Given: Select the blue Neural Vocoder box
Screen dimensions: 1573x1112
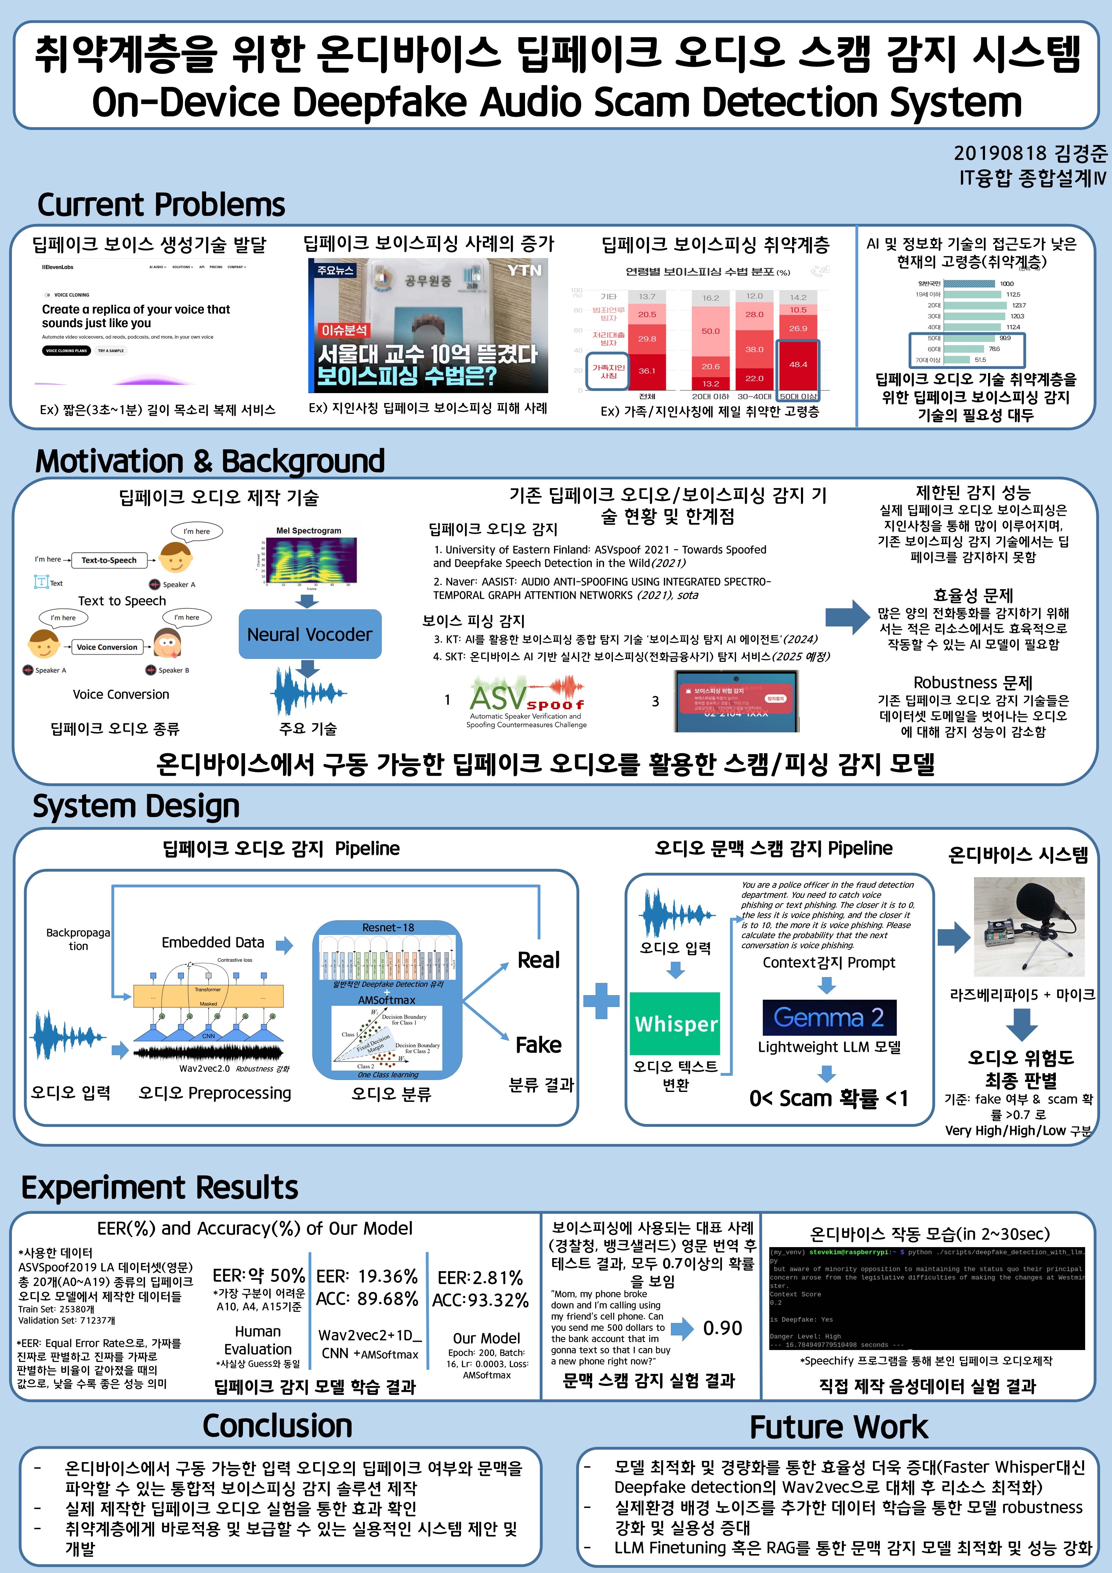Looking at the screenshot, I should click(x=310, y=634).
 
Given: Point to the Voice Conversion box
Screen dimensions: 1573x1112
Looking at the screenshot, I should click(x=107, y=647).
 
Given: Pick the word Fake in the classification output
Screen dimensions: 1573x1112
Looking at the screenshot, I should click(x=538, y=1045).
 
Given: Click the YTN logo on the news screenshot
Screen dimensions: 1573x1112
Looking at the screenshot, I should click(x=524, y=271).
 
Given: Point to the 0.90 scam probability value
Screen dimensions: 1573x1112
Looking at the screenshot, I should click(x=723, y=1328).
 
